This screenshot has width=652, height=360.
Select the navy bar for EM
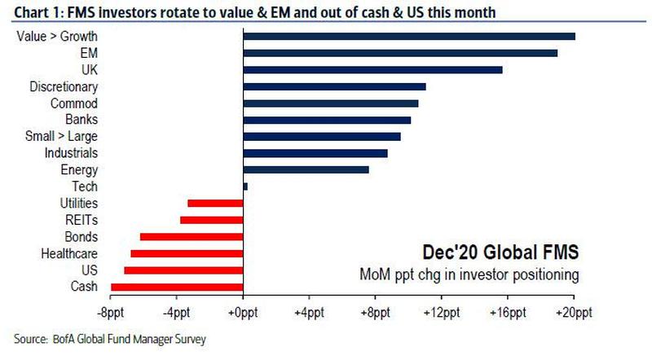[x=400, y=53]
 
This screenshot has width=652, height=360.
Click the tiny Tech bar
[x=245, y=187]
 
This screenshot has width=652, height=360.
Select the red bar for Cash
[x=177, y=287]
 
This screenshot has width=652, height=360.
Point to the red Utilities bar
[x=215, y=204]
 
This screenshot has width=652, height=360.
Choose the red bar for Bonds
[x=192, y=237]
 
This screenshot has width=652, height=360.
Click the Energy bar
[x=306, y=170]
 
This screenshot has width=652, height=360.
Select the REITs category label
[x=80, y=220]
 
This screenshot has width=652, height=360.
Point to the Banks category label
[x=81, y=120]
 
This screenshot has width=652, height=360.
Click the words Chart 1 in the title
[x=29, y=11]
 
